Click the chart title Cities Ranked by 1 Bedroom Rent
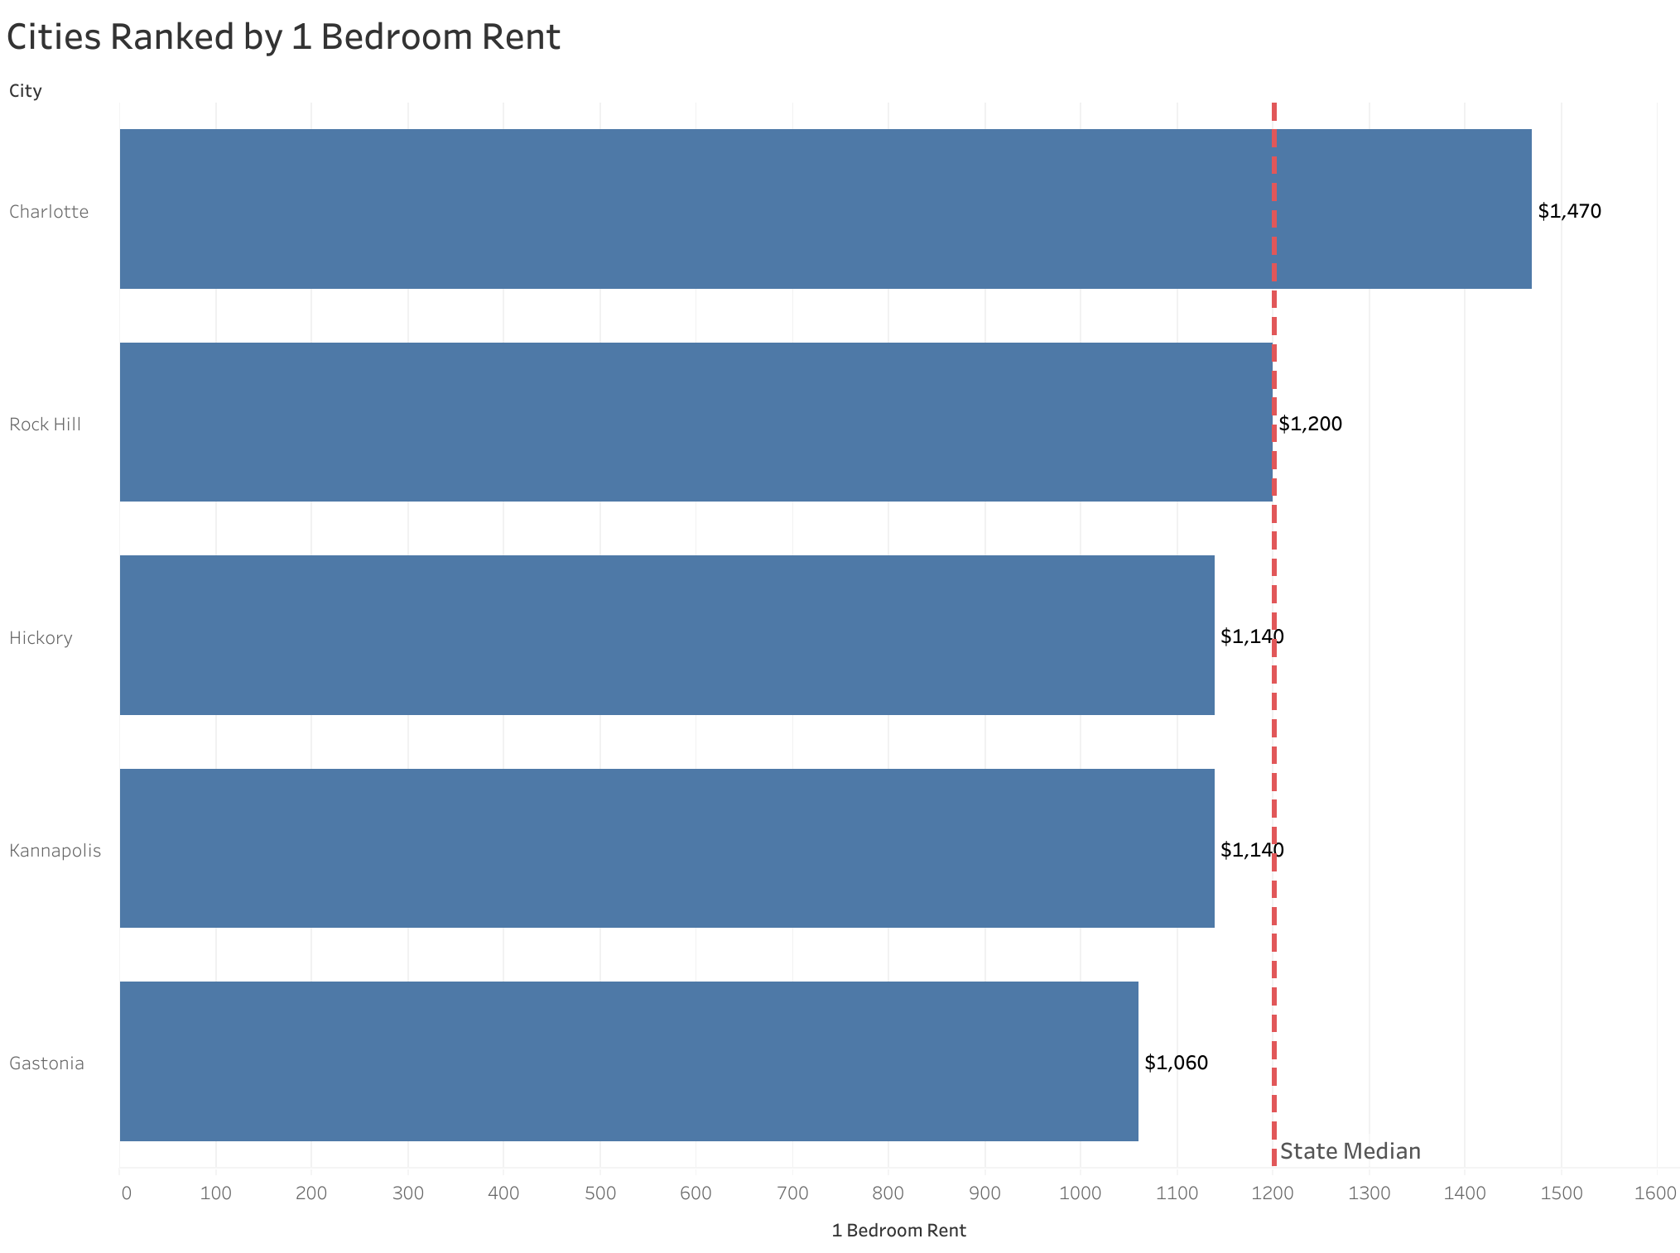click(x=283, y=37)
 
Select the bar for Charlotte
click(x=825, y=209)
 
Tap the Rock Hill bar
click(x=696, y=422)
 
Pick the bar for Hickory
click(x=667, y=635)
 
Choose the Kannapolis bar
click(x=667, y=848)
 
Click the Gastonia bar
click(x=628, y=1061)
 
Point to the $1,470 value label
click(x=1569, y=211)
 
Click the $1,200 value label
click(x=1310, y=424)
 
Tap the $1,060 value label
click(x=1176, y=1063)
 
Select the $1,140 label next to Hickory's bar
click(x=1251, y=636)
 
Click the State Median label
click(x=1350, y=1151)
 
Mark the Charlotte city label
click(x=49, y=212)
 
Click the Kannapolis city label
click(x=55, y=851)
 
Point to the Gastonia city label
click(x=46, y=1063)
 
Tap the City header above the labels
click(x=25, y=91)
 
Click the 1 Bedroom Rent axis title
click(x=898, y=1231)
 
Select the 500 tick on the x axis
click(x=599, y=1193)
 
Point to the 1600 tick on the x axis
click(x=1656, y=1193)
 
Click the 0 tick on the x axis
click(x=126, y=1193)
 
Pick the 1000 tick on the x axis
click(x=1080, y=1193)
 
